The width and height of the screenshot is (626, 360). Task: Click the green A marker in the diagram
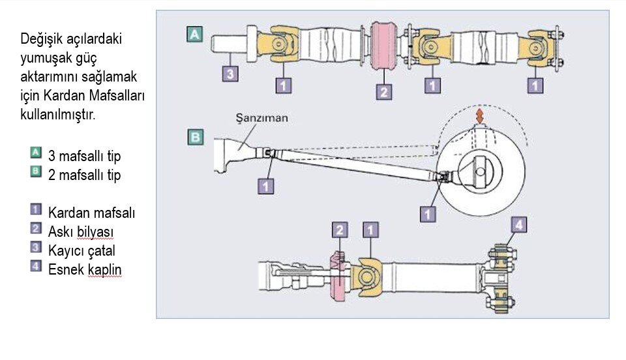(194, 34)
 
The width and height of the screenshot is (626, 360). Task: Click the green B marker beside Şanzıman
(194, 138)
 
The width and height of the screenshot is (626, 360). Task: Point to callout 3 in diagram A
(230, 74)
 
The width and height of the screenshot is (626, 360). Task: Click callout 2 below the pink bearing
(384, 91)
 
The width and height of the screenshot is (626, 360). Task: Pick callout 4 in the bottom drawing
(518, 226)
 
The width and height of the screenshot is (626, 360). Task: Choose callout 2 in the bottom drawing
(340, 230)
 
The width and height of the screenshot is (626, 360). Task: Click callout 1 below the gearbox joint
(265, 186)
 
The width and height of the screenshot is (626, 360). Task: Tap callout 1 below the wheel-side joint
(428, 213)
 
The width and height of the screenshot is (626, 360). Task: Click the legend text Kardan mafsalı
(91, 213)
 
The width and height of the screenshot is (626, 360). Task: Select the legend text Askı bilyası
(83, 231)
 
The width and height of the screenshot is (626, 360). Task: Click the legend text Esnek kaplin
(85, 269)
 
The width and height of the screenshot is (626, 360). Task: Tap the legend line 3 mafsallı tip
(85, 157)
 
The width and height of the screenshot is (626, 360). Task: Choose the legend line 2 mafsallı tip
(85, 175)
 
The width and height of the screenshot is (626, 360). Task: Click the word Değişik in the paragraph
(43, 39)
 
